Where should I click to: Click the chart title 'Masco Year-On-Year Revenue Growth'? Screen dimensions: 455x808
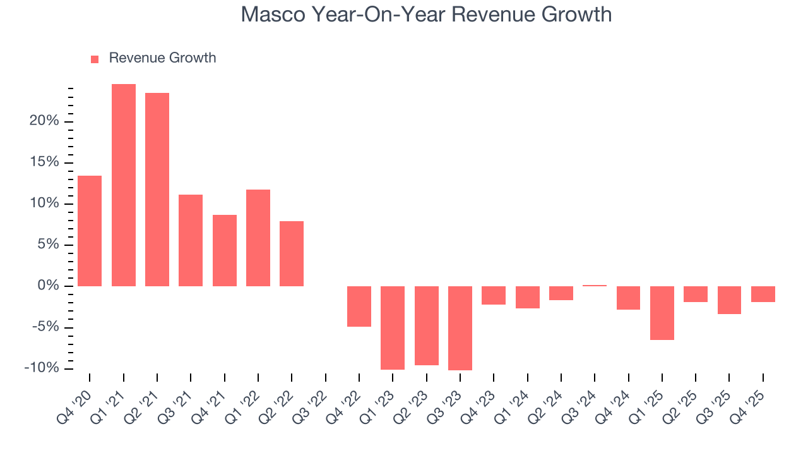click(426, 15)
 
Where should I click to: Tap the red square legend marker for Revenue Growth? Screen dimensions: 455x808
click(95, 59)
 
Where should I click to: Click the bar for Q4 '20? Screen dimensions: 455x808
click(90, 231)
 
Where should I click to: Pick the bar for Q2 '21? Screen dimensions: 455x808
click(157, 190)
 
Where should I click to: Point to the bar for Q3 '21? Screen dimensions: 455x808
click(191, 240)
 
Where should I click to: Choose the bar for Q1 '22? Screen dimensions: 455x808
click(258, 238)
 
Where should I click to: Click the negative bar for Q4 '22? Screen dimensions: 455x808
click(359, 306)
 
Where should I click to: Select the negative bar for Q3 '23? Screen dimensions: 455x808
click(460, 328)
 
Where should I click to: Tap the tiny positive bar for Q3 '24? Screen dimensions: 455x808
click(595, 286)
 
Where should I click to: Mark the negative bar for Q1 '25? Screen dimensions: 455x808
click(662, 313)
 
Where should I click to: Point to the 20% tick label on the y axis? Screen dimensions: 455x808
click(44, 121)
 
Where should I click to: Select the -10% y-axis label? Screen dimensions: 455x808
click(42, 368)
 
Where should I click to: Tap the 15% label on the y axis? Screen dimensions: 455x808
click(44, 162)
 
